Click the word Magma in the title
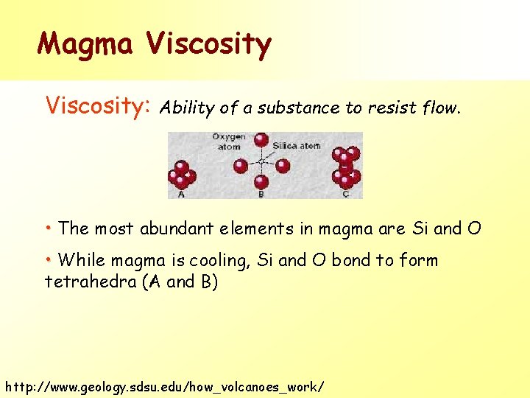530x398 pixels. [x=85, y=44]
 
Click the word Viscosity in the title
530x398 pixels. [x=209, y=46]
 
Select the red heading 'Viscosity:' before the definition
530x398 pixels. [x=98, y=106]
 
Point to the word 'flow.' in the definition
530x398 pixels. [x=441, y=109]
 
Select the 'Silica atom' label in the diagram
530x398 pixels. [x=296, y=146]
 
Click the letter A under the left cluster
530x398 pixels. [x=181, y=195]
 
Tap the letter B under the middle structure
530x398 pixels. [x=261, y=195]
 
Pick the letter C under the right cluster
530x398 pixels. [x=346, y=195]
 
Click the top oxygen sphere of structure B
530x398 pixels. [x=261, y=139]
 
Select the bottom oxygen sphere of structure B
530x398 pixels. [x=261, y=182]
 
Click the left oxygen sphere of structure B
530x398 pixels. [x=241, y=166]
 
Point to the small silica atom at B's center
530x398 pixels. [x=261, y=161]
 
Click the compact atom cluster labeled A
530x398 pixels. [x=181, y=175]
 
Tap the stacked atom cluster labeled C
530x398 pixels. [x=346, y=168]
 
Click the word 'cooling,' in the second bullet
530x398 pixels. [x=221, y=260]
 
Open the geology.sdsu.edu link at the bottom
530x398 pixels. [x=163, y=386]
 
